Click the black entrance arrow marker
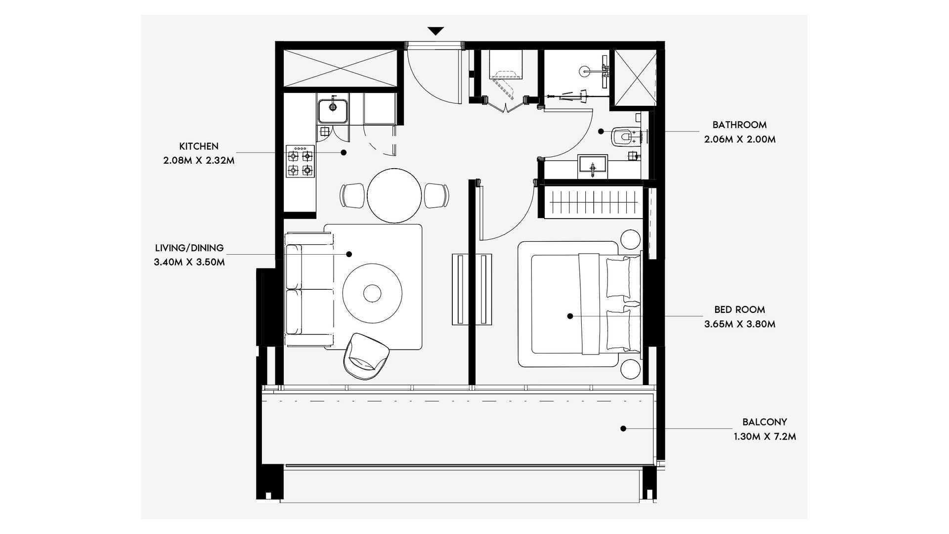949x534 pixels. pos(435,31)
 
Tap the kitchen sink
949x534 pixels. pos(333,111)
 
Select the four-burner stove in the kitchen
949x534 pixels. pos(300,162)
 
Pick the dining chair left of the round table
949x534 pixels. pos(352,195)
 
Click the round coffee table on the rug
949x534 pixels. pos(372,293)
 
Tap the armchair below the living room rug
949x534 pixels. pos(366,356)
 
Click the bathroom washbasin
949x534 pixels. pos(592,166)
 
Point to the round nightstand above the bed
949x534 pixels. pos(631,239)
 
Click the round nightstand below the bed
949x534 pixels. pos(631,369)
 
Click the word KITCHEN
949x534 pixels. pos(199,146)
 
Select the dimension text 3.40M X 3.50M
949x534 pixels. pos(189,262)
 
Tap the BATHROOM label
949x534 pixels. pos(739,125)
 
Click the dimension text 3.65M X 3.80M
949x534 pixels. pos(740,324)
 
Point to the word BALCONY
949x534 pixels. pos(765,422)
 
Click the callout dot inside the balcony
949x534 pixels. pos(623,429)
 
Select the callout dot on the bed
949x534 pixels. pos(570,316)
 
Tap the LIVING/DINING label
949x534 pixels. pos(189,248)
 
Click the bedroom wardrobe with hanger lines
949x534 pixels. pos(593,202)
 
